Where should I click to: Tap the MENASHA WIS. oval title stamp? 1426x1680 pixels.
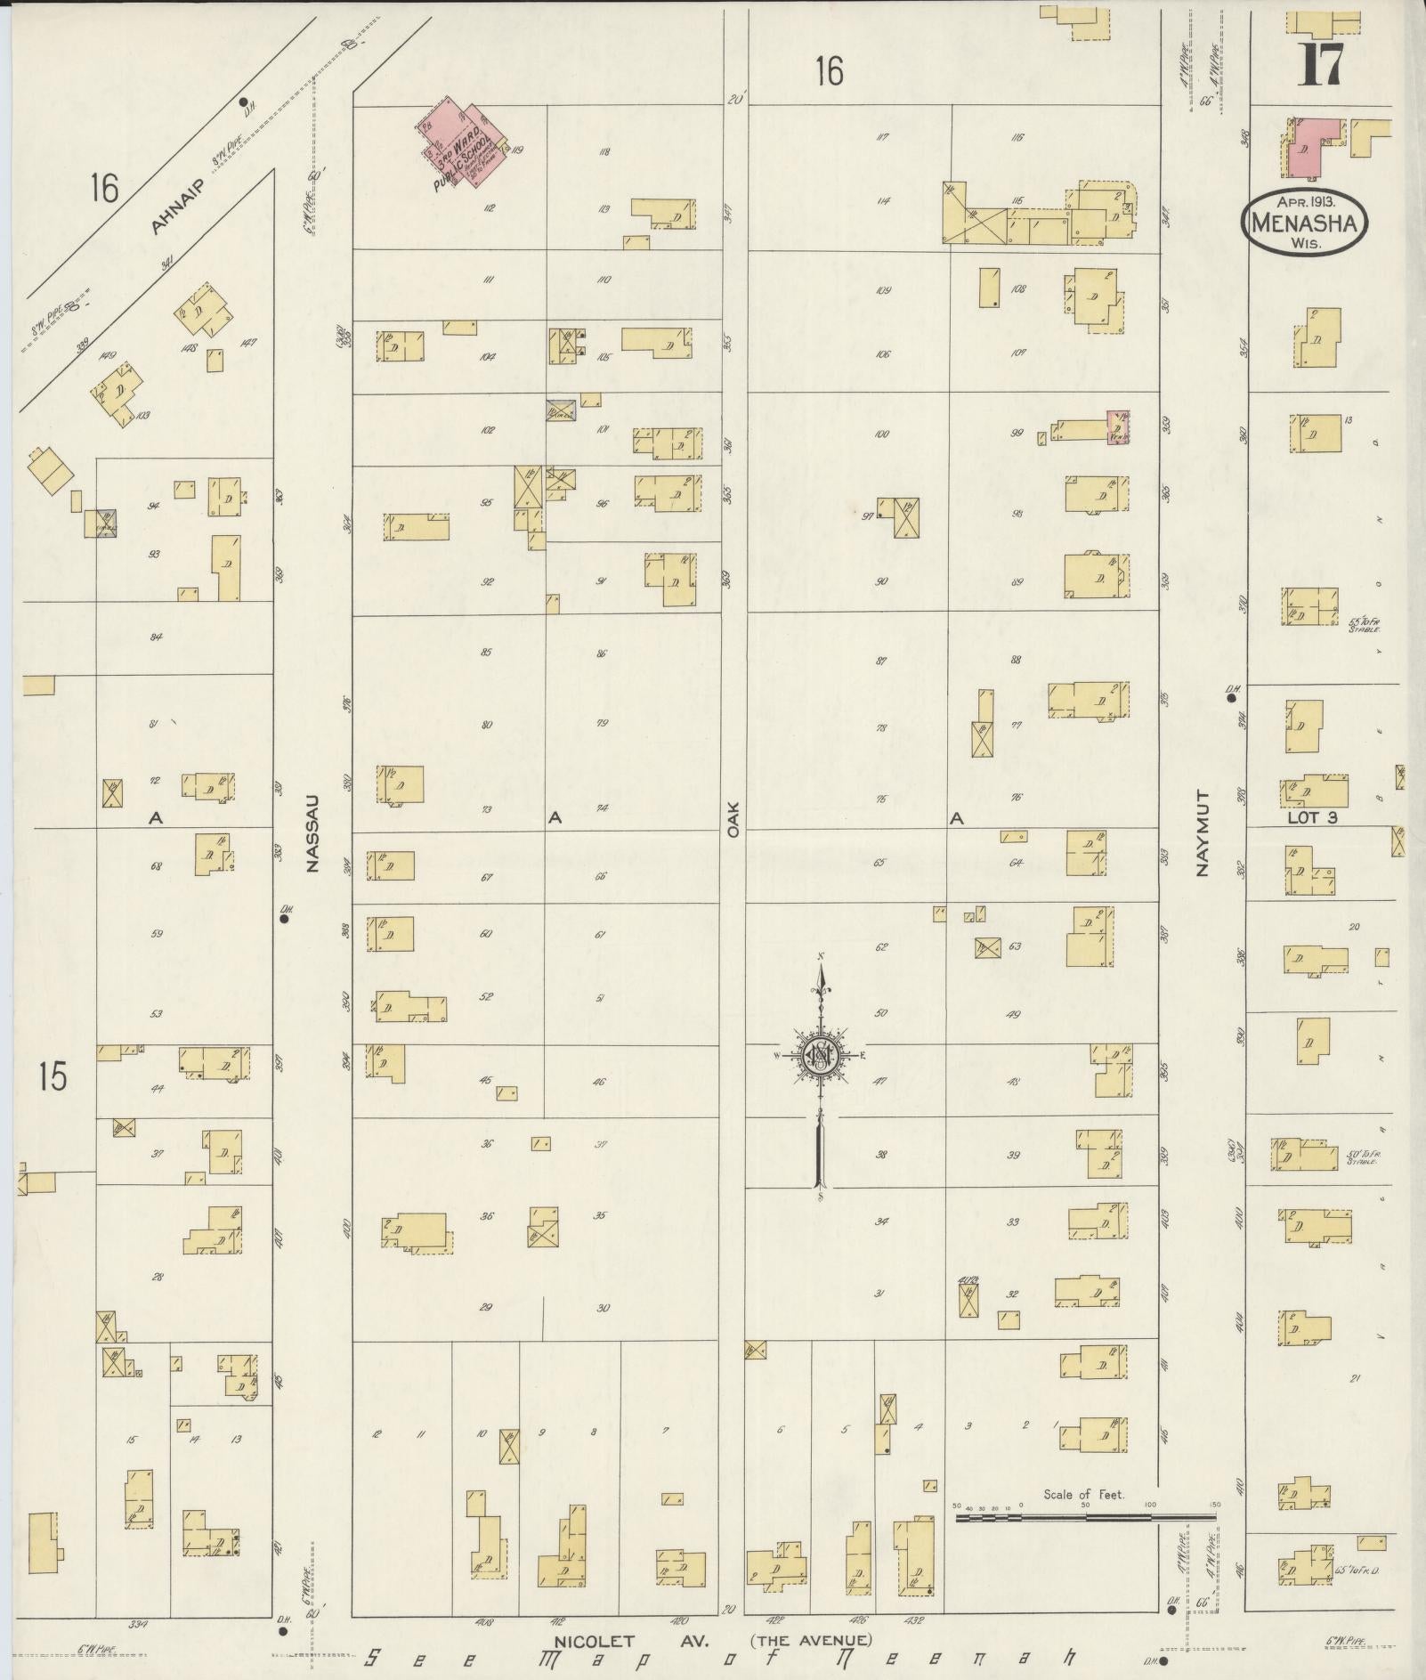(x=1304, y=223)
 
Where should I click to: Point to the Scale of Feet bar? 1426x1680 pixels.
(x=1086, y=1514)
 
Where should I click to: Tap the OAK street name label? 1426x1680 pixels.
(x=733, y=816)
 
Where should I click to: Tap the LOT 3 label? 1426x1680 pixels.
(x=1312, y=817)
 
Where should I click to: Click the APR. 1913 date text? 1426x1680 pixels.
(x=1305, y=201)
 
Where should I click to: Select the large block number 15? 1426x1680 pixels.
(x=53, y=1077)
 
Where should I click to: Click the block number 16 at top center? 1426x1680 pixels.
(x=829, y=71)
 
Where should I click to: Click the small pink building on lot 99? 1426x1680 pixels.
(x=1118, y=427)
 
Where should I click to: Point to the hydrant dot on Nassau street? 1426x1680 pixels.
(x=284, y=919)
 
